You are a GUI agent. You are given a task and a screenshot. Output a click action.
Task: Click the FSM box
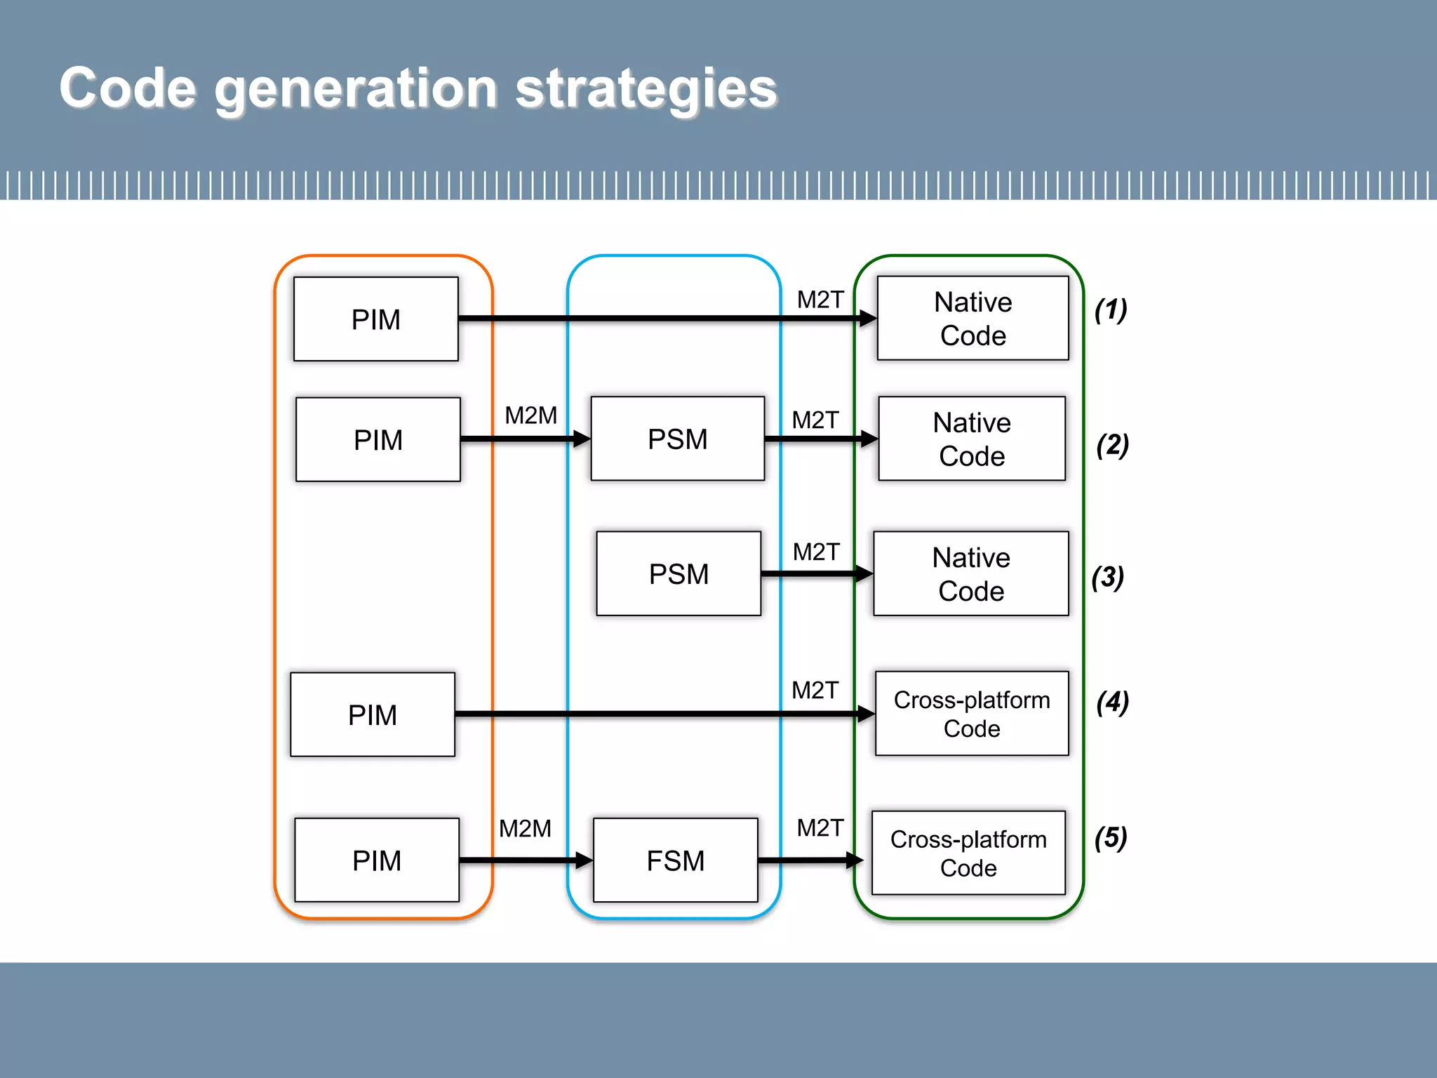(x=675, y=860)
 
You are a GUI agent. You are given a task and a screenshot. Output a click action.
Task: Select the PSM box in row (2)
(x=677, y=439)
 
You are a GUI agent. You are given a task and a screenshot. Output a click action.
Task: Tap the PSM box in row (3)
(x=679, y=573)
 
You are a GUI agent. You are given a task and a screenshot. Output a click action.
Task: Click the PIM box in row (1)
(x=376, y=319)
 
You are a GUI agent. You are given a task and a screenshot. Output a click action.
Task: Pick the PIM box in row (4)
(x=373, y=714)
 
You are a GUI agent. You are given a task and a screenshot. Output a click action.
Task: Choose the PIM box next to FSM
(x=377, y=860)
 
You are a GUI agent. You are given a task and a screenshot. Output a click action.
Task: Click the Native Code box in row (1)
(x=973, y=318)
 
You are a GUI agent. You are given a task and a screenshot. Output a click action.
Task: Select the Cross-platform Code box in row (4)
(x=972, y=714)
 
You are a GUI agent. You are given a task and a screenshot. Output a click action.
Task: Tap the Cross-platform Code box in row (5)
(x=968, y=853)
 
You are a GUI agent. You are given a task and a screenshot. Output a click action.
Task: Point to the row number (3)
(x=1108, y=578)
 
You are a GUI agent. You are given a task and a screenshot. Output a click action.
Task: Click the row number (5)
(x=1111, y=837)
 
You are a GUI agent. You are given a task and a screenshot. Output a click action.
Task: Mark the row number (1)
(x=1111, y=310)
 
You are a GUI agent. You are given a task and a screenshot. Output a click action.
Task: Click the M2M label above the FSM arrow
(x=525, y=829)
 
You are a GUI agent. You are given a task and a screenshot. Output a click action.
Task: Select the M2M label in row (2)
(x=531, y=415)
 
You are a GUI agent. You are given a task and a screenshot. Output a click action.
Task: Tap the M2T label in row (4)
(x=815, y=691)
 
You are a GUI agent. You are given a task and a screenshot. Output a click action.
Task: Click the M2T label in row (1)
(x=820, y=300)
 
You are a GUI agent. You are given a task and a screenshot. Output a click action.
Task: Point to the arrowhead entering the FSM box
(x=584, y=860)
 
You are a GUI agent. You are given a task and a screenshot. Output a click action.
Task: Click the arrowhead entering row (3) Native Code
(x=864, y=573)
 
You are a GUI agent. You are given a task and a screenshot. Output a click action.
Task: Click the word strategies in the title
(x=646, y=89)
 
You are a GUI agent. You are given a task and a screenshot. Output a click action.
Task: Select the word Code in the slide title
(x=127, y=89)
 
